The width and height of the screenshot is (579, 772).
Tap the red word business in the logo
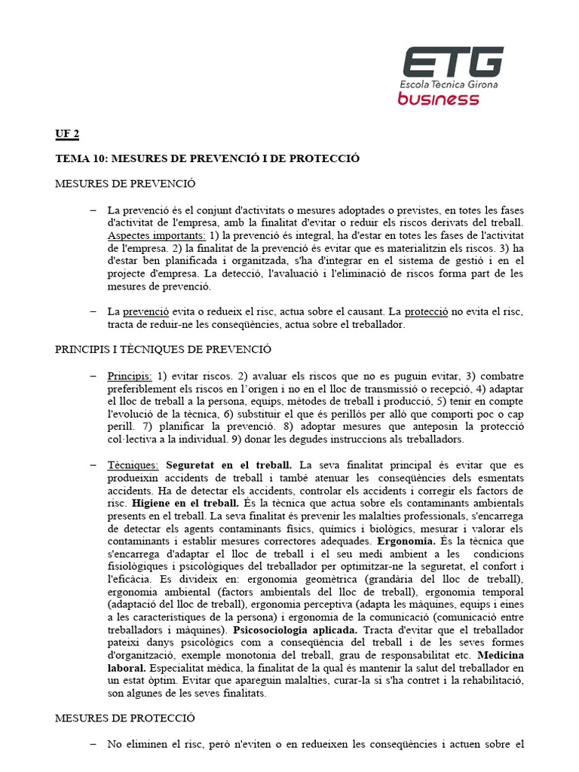pos(438,99)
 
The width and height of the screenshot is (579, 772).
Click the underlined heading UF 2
pos(67,134)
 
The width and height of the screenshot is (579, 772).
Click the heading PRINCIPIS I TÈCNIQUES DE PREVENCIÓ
pos(163,349)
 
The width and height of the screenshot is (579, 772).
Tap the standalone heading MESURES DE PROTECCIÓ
pos(125,718)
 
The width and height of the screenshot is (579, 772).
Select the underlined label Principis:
pos(130,375)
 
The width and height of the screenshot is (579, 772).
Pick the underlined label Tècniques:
pos(133,465)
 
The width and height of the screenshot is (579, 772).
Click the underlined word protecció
pos(426,311)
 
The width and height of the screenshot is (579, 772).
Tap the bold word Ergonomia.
pos(407,541)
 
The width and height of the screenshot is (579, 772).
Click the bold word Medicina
pos(501,655)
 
